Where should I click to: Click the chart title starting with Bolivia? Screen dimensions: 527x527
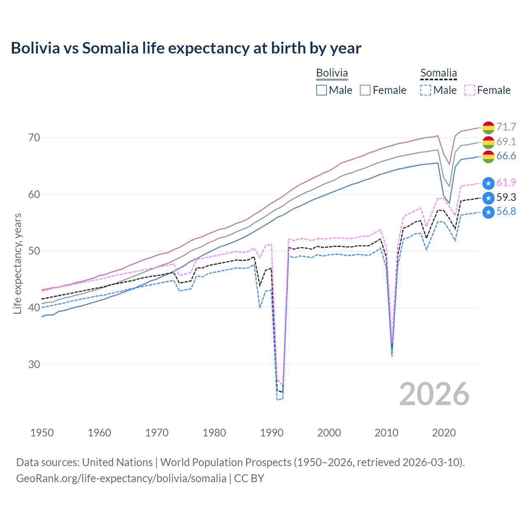[x=186, y=48]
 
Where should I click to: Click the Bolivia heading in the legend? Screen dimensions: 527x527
[x=332, y=73]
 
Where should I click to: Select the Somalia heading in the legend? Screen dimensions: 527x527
[x=438, y=73]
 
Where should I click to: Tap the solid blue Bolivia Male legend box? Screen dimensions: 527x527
[x=322, y=90]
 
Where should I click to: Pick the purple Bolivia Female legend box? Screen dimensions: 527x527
[x=365, y=90]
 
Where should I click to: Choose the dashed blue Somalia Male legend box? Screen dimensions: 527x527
[x=426, y=90]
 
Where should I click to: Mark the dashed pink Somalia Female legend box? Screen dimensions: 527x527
[x=470, y=90]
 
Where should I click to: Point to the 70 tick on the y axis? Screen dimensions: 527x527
[x=34, y=138]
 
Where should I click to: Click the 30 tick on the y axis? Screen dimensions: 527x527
[x=34, y=364]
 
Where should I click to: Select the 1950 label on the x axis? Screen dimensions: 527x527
[x=42, y=433]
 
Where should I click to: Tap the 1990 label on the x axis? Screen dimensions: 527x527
[x=272, y=433]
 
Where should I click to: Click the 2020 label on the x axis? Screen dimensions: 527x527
[x=444, y=433]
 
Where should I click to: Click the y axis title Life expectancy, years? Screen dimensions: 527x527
[x=17, y=263]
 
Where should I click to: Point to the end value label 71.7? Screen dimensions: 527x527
[x=506, y=127]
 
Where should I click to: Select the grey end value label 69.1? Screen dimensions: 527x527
[x=506, y=142]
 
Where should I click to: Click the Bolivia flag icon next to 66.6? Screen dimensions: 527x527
[x=488, y=156]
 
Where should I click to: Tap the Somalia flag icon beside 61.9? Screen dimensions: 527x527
[x=488, y=183]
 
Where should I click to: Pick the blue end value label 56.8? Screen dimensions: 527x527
[x=506, y=212]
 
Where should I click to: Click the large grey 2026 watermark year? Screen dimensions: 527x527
[x=434, y=394]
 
